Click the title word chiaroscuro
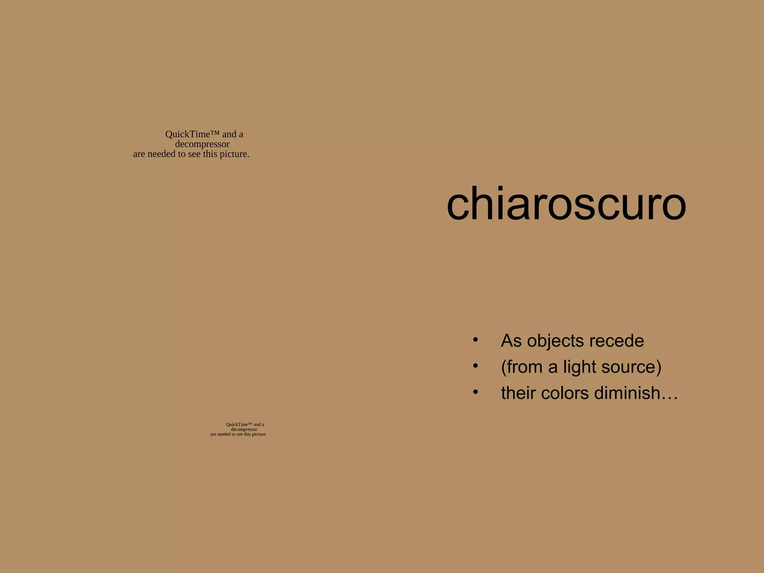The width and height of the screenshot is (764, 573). tap(566, 204)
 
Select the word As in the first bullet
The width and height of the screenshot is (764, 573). tap(511, 341)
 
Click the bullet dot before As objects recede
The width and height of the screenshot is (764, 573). tap(475, 340)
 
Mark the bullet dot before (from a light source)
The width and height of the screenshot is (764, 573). tap(475, 366)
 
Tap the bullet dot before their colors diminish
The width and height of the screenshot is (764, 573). tap(475, 392)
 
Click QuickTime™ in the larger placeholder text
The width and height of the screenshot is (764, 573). tap(192, 134)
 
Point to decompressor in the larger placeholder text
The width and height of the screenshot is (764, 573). tap(202, 144)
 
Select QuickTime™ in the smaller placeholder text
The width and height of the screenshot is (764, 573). tap(239, 425)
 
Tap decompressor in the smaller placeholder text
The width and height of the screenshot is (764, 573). tap(244, 429)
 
